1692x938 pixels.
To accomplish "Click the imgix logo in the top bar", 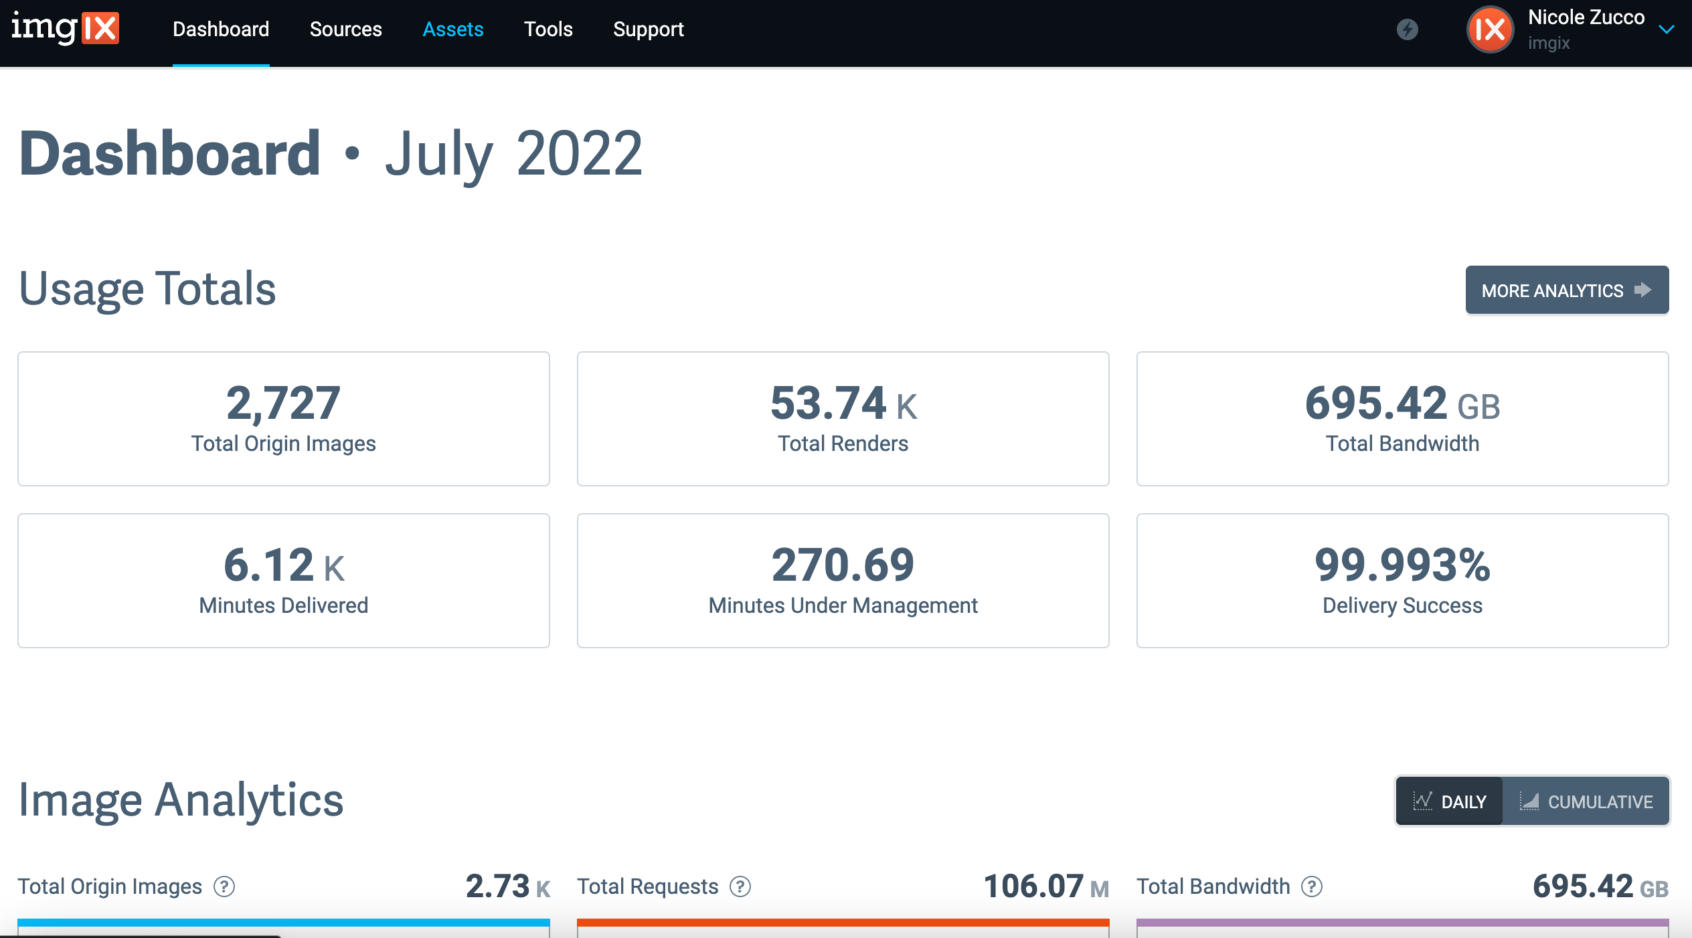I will (x=65, y=29).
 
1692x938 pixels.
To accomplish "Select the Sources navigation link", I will (x=345, y=29).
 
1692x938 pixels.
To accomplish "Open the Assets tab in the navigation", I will (x=452, y=29).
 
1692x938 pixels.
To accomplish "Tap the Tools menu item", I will (x=548, y=29).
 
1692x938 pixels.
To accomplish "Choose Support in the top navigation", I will (x=648, y=29).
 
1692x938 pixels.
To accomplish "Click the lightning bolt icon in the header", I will (x=1407, y=29).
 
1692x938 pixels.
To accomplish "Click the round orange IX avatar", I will (x=1490, y=29).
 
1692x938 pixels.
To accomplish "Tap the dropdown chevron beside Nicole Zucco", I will (x=1667, y=29).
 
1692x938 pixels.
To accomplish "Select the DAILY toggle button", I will (x=1450, y=802).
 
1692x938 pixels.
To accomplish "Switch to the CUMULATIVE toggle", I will (x=1586, y=802).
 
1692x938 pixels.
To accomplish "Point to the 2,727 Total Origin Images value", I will (x=283, y=403).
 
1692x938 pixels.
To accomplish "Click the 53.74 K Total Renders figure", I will (x=843, y=403).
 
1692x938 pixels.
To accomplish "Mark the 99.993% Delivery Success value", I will (x=1402, y=565).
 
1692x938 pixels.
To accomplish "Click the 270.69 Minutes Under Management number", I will (x=843, y=565).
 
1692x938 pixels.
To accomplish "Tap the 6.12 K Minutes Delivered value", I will (x=283, y=565).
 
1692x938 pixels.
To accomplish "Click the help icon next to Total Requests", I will (x=740, y=886).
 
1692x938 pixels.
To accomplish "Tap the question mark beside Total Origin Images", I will (x=224, y=886).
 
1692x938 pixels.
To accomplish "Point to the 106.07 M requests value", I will (x=1045, y=886).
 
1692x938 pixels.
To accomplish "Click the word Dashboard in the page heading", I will (x=170, y=154).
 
